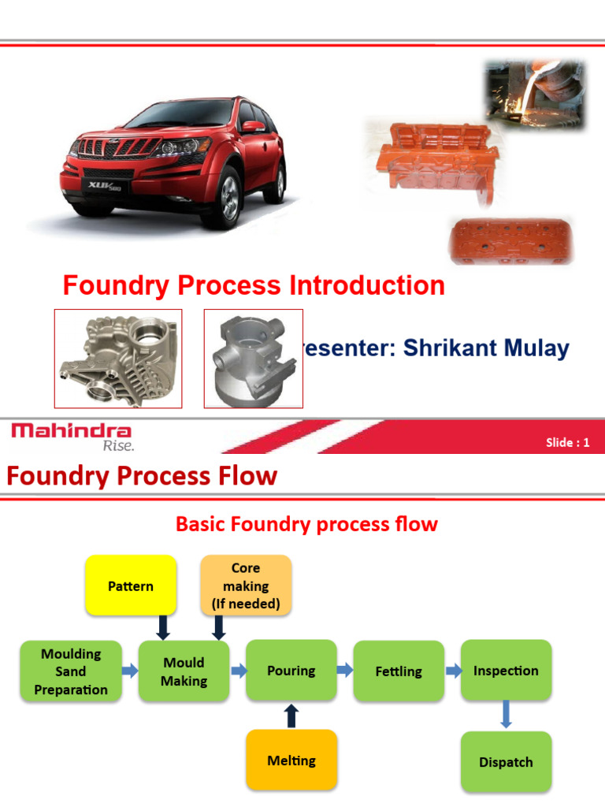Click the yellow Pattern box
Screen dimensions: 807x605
pyautogui.click(x=131, y=586)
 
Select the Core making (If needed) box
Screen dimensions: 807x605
pyautogui.click(x=246, y=586)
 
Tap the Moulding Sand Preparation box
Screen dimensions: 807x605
pyautogui.click(x=70, y=671)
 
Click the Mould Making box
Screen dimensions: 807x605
pyautogui.click(x=184, y=671)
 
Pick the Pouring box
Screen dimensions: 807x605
pyautogui.click(x=291, y=671)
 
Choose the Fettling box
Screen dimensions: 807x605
pyautogui.click(x=399, y=671)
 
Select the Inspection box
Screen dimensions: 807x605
pyautogui.click(x=506, y=671)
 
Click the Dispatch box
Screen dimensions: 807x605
pyautogui.click(x=506, y=762)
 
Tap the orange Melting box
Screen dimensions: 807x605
pyautogui.click(x=291, y=761)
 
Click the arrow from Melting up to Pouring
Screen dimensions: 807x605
pyautogui.click(x=291, y=715)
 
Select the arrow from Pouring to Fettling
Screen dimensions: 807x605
pyautogui.click(x=345, y=671)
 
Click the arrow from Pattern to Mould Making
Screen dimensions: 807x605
pyautogui.click(x=163, y=627)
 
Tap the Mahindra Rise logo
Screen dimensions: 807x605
pyautogui.click(x=72, y=436)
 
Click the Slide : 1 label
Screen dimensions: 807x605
pyautogui.click(x=567, y=442)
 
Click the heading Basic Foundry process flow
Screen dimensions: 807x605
pyautogui.click(x=306, y=524)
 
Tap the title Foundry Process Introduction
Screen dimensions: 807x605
pyautogui.click(x=254, y=285)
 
